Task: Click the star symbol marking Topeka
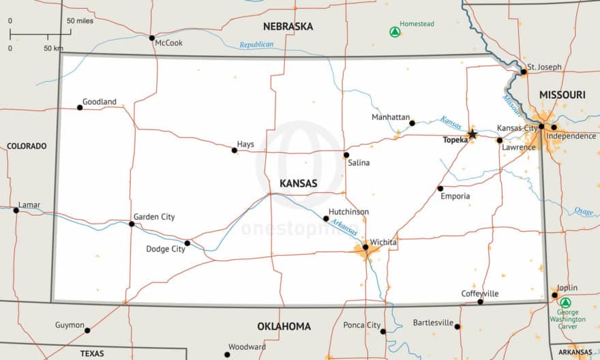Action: (x=472, y=134)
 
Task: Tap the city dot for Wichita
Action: (x=365, y=247)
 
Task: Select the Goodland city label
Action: (x=100, y=102)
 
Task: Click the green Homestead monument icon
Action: (x=394, y=31)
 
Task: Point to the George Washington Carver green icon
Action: (x=565, y=302)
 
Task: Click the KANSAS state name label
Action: (x=298, y=183)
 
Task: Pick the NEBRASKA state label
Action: (x=288, y=27)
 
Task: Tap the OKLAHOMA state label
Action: (x=284, y=327)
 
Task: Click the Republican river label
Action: (x=256, y=45)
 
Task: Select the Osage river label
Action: (x=583, y=211)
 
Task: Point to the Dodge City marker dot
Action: (x=187, y=243)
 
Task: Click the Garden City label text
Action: (x=154, y=217)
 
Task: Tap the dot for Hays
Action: (x=234, y=150)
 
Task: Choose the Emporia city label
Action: (x=455, y=196)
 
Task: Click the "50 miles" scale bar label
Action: (x=80, y=21)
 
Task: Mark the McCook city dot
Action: (x=151, y=37)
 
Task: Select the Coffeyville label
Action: (x=480, y=293)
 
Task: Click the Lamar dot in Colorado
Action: (x=16, y=210)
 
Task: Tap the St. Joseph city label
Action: (x=545, y=67)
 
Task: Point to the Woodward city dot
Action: (x=227, y=355)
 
